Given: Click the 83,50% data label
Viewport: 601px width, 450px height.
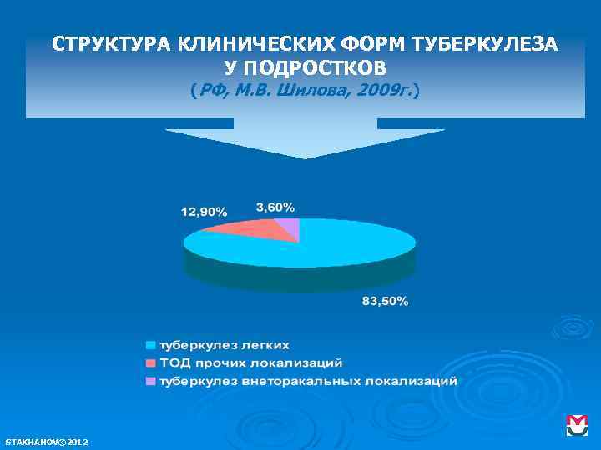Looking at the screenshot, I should [x=385, y=301].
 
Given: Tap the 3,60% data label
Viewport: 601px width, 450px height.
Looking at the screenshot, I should [x=275, y=207].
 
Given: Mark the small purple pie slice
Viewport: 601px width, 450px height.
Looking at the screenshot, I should [x=289, y=226].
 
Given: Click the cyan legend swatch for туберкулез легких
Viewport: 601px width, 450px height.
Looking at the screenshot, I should [x=151, y=344].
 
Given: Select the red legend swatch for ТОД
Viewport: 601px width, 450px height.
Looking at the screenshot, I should [x=151, y=362].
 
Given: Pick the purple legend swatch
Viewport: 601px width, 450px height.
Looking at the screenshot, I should [x=151, y=381].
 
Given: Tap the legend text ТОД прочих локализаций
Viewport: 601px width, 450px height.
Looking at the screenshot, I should [x=251, y=362].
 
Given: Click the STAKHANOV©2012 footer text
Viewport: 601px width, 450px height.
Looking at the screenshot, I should [x=47, y=441].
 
